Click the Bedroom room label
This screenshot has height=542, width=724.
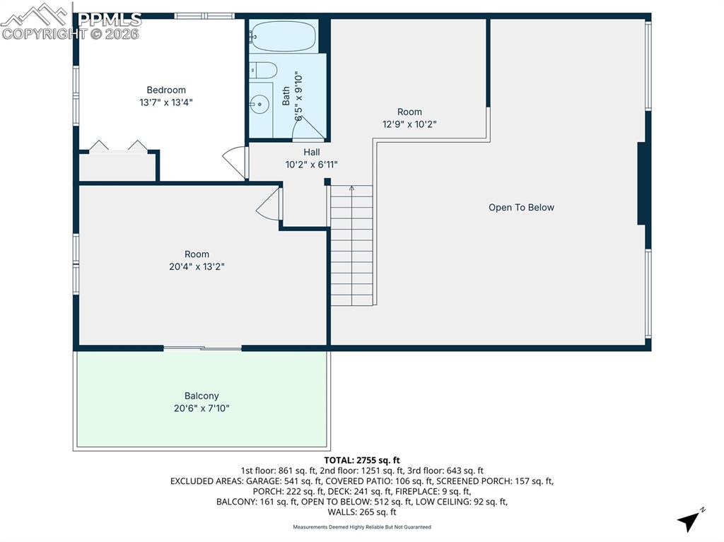166,90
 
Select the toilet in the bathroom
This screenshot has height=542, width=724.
263,70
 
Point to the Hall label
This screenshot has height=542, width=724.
311,152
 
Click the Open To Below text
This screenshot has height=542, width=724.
521,208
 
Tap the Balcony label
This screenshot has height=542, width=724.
202,396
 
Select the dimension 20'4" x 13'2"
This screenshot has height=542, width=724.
197,266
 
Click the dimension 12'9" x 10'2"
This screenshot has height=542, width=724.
409,124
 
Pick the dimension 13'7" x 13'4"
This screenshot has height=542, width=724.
166,102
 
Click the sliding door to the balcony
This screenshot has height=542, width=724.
202,348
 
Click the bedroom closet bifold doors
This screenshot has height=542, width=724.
118,146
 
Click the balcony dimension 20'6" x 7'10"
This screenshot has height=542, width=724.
202,408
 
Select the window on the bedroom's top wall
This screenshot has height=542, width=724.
204,16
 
